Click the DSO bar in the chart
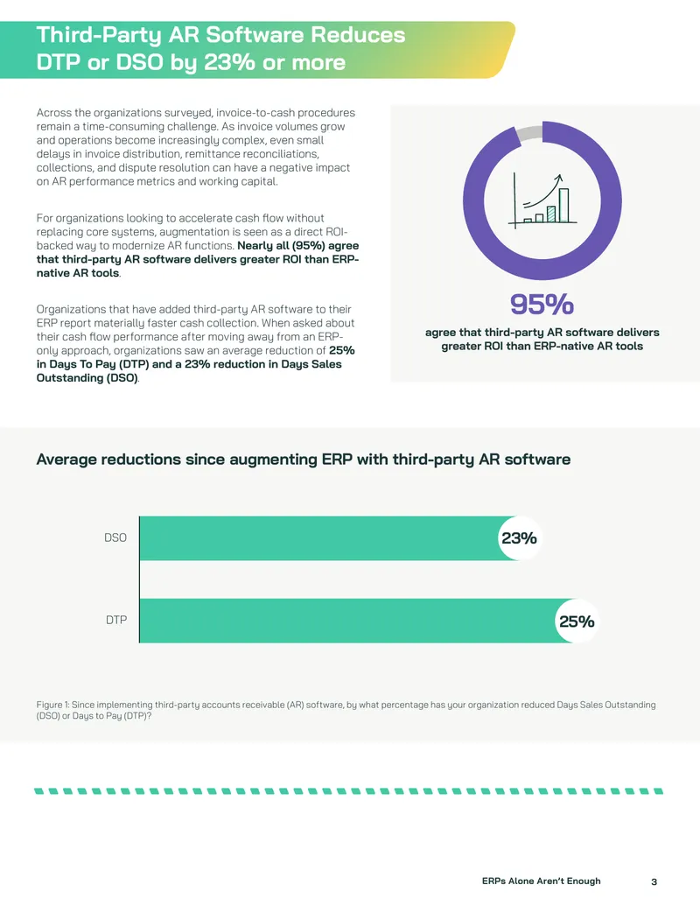tap(329, 538)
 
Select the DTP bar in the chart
tap(358, 621)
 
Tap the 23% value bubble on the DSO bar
tap(519, 538)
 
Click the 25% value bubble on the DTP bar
tap(577, 622)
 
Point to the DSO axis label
tap(115, 538)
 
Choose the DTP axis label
tap(116, 620)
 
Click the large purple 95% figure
tap(542, 304)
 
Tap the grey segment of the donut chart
tap(528, 133)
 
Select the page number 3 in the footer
tap(654, 881)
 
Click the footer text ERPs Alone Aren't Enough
tap(541, 881)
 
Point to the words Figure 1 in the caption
tap(52, 705)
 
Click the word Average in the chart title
tap(69, 460)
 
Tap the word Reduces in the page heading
tap(358, 35)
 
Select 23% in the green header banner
tap(229, 62)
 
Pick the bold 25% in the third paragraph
tap(342, 351)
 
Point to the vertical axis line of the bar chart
tap(139, 579)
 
